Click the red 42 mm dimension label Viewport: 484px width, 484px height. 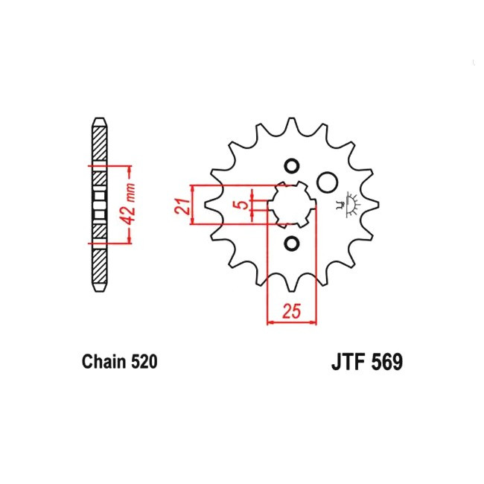coord(129,204)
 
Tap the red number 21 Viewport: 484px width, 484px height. coord(182,206)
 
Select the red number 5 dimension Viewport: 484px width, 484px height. coord(243,205)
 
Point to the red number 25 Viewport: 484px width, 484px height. coord(291,311)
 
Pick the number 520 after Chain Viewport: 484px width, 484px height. coord(144,361)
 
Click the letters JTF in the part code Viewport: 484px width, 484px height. coord(349,362)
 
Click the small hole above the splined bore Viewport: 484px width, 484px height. coord(291,166)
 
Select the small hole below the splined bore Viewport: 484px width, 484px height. coord(291,243)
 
